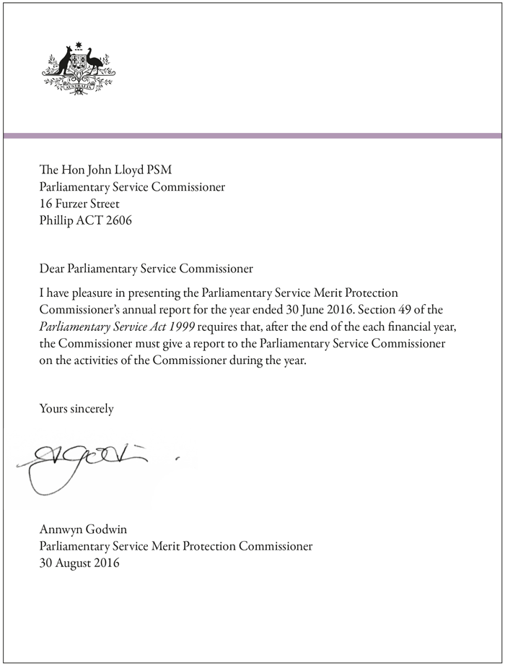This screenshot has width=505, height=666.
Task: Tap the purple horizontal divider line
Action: (x=252, y=135)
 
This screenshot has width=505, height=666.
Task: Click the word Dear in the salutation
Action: (x=51, y=269)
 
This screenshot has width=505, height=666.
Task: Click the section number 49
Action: (x=417, y=310)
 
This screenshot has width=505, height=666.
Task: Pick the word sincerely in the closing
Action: (x=89, y=409)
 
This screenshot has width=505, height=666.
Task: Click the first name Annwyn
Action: (x=60, y=529)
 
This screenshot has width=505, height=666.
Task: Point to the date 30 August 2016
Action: (x=79, y=563)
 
